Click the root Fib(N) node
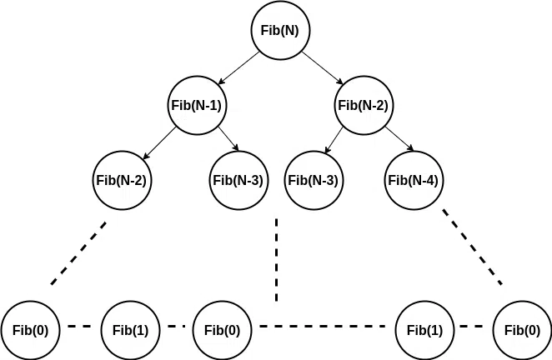coord(280,31)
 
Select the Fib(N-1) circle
coord(198,106)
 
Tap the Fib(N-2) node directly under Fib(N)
coord(363,106)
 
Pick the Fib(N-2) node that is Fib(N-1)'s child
coord(123,179)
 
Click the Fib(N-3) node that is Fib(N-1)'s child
coord(238,179)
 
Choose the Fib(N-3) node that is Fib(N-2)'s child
coord(313,179)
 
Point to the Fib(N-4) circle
coord(414,179)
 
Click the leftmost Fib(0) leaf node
coord(31,329)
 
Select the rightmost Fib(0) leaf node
coord(522,329)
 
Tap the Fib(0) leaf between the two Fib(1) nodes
coord(222,329)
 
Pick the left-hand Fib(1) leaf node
coord(131,329)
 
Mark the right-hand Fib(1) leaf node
coord(424,329)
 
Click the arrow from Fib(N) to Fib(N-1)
coord(238,68)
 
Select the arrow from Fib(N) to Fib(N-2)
coord(322,68)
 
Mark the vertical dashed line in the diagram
coord(276,260)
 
